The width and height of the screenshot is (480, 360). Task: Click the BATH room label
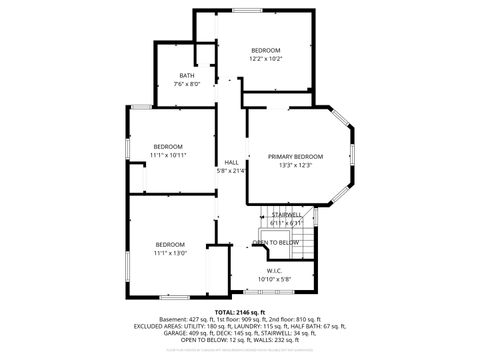[188, 76]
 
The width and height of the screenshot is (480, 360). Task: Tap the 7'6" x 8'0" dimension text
[188, 84]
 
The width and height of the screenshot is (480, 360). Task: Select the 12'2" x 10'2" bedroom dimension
[265, 59]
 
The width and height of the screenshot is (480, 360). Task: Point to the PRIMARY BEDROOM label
[295, 157]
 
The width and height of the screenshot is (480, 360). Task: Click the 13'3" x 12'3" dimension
[295, 165]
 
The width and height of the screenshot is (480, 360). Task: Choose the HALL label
[231, 162]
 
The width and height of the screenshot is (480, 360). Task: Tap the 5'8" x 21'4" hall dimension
[231, 171]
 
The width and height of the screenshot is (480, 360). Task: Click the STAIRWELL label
[287, 214]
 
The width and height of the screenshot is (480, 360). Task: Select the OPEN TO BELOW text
[275, 242]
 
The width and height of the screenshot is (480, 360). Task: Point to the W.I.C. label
[274, 269]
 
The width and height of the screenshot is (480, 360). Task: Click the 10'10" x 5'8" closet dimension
[274, 278]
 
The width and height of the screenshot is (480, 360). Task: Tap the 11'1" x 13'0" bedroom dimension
[170, 253]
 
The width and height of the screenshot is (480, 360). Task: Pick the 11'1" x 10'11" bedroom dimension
[168, 155]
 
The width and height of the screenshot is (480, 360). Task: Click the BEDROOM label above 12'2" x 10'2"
[265, 50]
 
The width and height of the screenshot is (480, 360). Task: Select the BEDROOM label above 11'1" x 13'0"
[170, 245]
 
